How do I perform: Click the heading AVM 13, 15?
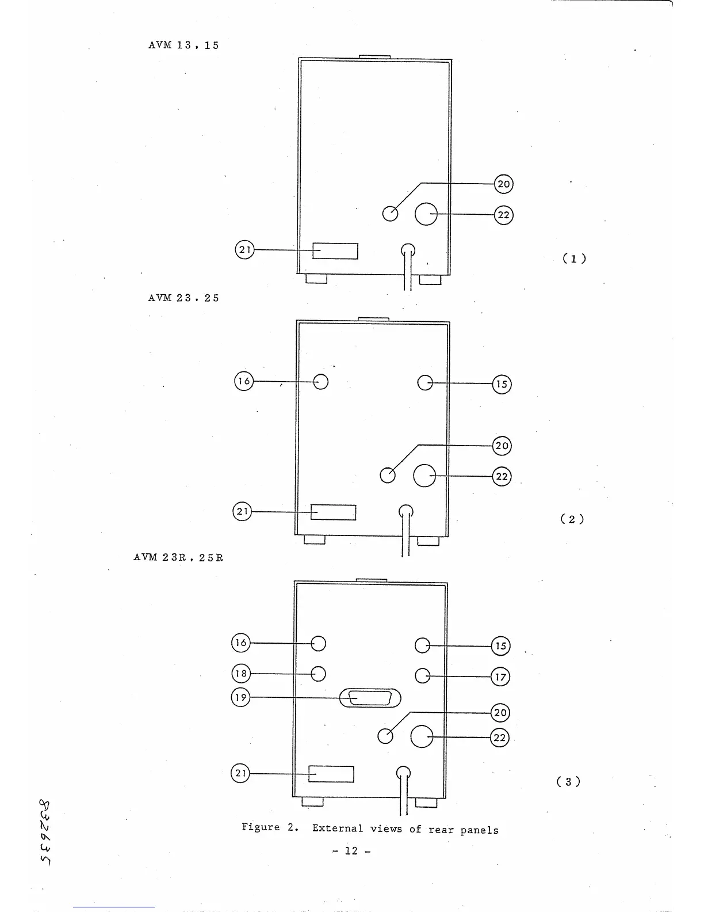pos(183,45)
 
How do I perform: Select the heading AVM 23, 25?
pos(183,298)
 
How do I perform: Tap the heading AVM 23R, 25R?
pos(178,557)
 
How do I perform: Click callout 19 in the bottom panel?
pos(240,698)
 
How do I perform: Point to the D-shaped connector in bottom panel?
pos(370,698)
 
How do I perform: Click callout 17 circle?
pos(500,676)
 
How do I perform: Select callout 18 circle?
pos(240,674)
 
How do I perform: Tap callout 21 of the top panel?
pos(244,250)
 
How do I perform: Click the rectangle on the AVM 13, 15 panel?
pos(335,251)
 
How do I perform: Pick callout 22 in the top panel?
pos(503,215)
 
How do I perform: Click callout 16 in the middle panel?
pos(244,381)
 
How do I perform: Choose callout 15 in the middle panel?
pos(502,384)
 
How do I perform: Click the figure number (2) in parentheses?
pos(572,519)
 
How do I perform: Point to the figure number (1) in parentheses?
pos(574,259)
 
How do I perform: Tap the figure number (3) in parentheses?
pos(568,781)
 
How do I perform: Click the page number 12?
pos(351,850)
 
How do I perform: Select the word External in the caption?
pos(338,829)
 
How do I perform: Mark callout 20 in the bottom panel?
pos(500,713)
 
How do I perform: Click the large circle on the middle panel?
pos(424,476)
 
